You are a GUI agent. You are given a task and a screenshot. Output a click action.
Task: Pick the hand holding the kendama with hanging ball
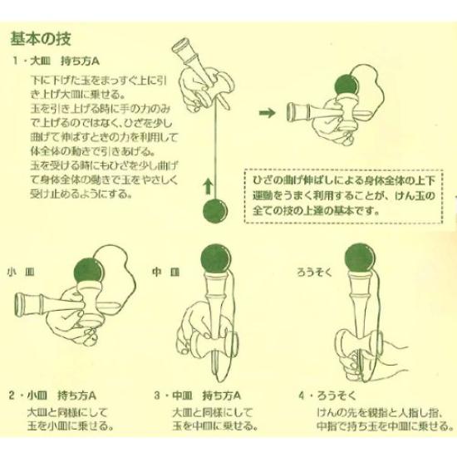coord(199,83)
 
